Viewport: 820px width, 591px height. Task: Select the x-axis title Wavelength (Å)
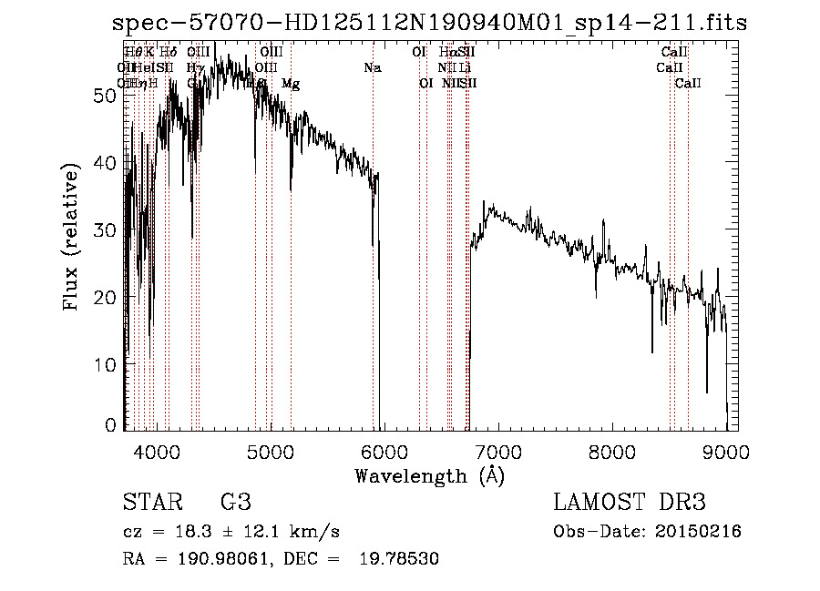coord(429,475)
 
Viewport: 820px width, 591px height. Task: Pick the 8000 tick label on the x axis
coord(612,451)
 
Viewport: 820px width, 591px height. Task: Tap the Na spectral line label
coord(372,68)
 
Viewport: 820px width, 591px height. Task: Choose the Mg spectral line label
coord(291,84)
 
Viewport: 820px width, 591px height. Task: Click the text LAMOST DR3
coord(630,503)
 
